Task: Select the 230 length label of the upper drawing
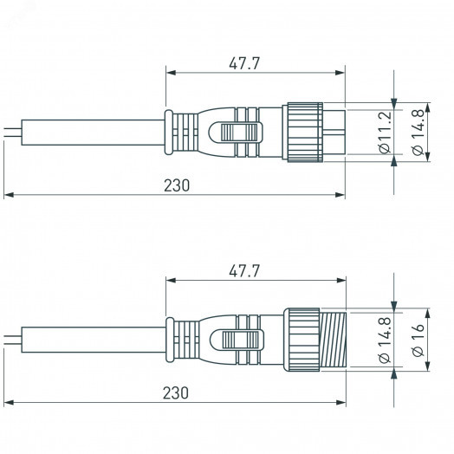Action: [176, 185]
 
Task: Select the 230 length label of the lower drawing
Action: [176, 392]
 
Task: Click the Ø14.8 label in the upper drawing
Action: [418, 133]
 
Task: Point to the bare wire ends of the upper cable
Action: [10, 133]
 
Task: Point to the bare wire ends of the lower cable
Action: [10, 339]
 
